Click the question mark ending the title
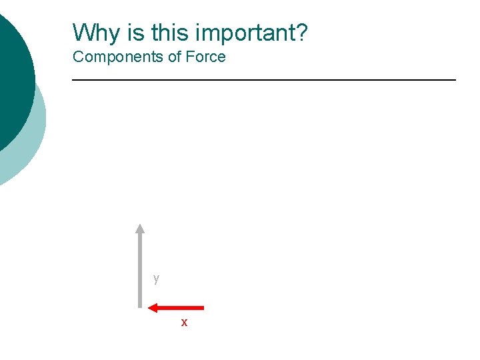click(302, 32)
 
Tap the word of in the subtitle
click(175, 57)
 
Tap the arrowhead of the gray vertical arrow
click(140, 228)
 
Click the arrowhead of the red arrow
click(153, 307)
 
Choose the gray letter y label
click(156, 278)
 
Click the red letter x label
click(185, 323)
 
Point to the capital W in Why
click(83, 32)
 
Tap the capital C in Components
click(78, 57)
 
